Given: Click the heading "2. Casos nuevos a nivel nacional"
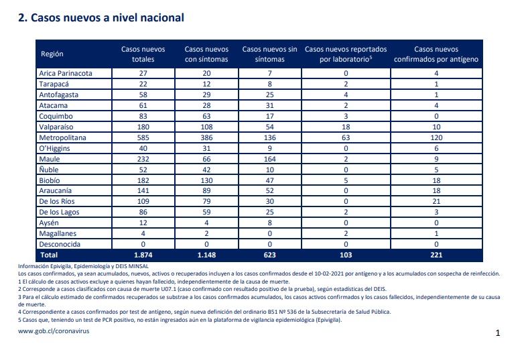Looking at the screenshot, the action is click(101, 17).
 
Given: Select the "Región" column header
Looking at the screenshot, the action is click(52, 54).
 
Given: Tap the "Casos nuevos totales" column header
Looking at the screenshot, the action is click(143, 54).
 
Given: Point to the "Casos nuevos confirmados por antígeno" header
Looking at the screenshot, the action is click(436, 54).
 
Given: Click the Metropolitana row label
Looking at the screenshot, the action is click(62, 137).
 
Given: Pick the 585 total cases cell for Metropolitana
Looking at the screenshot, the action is click(143, 137).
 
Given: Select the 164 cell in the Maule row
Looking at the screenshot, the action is click(270, 159).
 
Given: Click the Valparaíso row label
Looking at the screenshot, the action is click(56, 127).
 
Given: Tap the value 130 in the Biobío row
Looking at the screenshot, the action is click(206, 180).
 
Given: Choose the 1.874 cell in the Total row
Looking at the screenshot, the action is click(143, 255).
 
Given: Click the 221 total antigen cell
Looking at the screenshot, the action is click(436, 255).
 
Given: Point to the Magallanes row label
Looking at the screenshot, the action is click(58, 233).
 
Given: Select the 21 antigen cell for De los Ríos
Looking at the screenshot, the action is click(436, 201).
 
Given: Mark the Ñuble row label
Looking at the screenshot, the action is click(49, 170).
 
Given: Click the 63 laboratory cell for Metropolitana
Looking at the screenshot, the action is click(346, 137).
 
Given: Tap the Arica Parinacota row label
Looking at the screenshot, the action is click(66, 73).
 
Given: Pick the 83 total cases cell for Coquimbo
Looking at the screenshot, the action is click(143, 116).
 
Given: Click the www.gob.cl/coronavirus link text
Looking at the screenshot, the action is click(54, 331).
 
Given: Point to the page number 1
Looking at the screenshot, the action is click(498, 333).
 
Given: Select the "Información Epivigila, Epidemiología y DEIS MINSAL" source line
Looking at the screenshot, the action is click(83, 266).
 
